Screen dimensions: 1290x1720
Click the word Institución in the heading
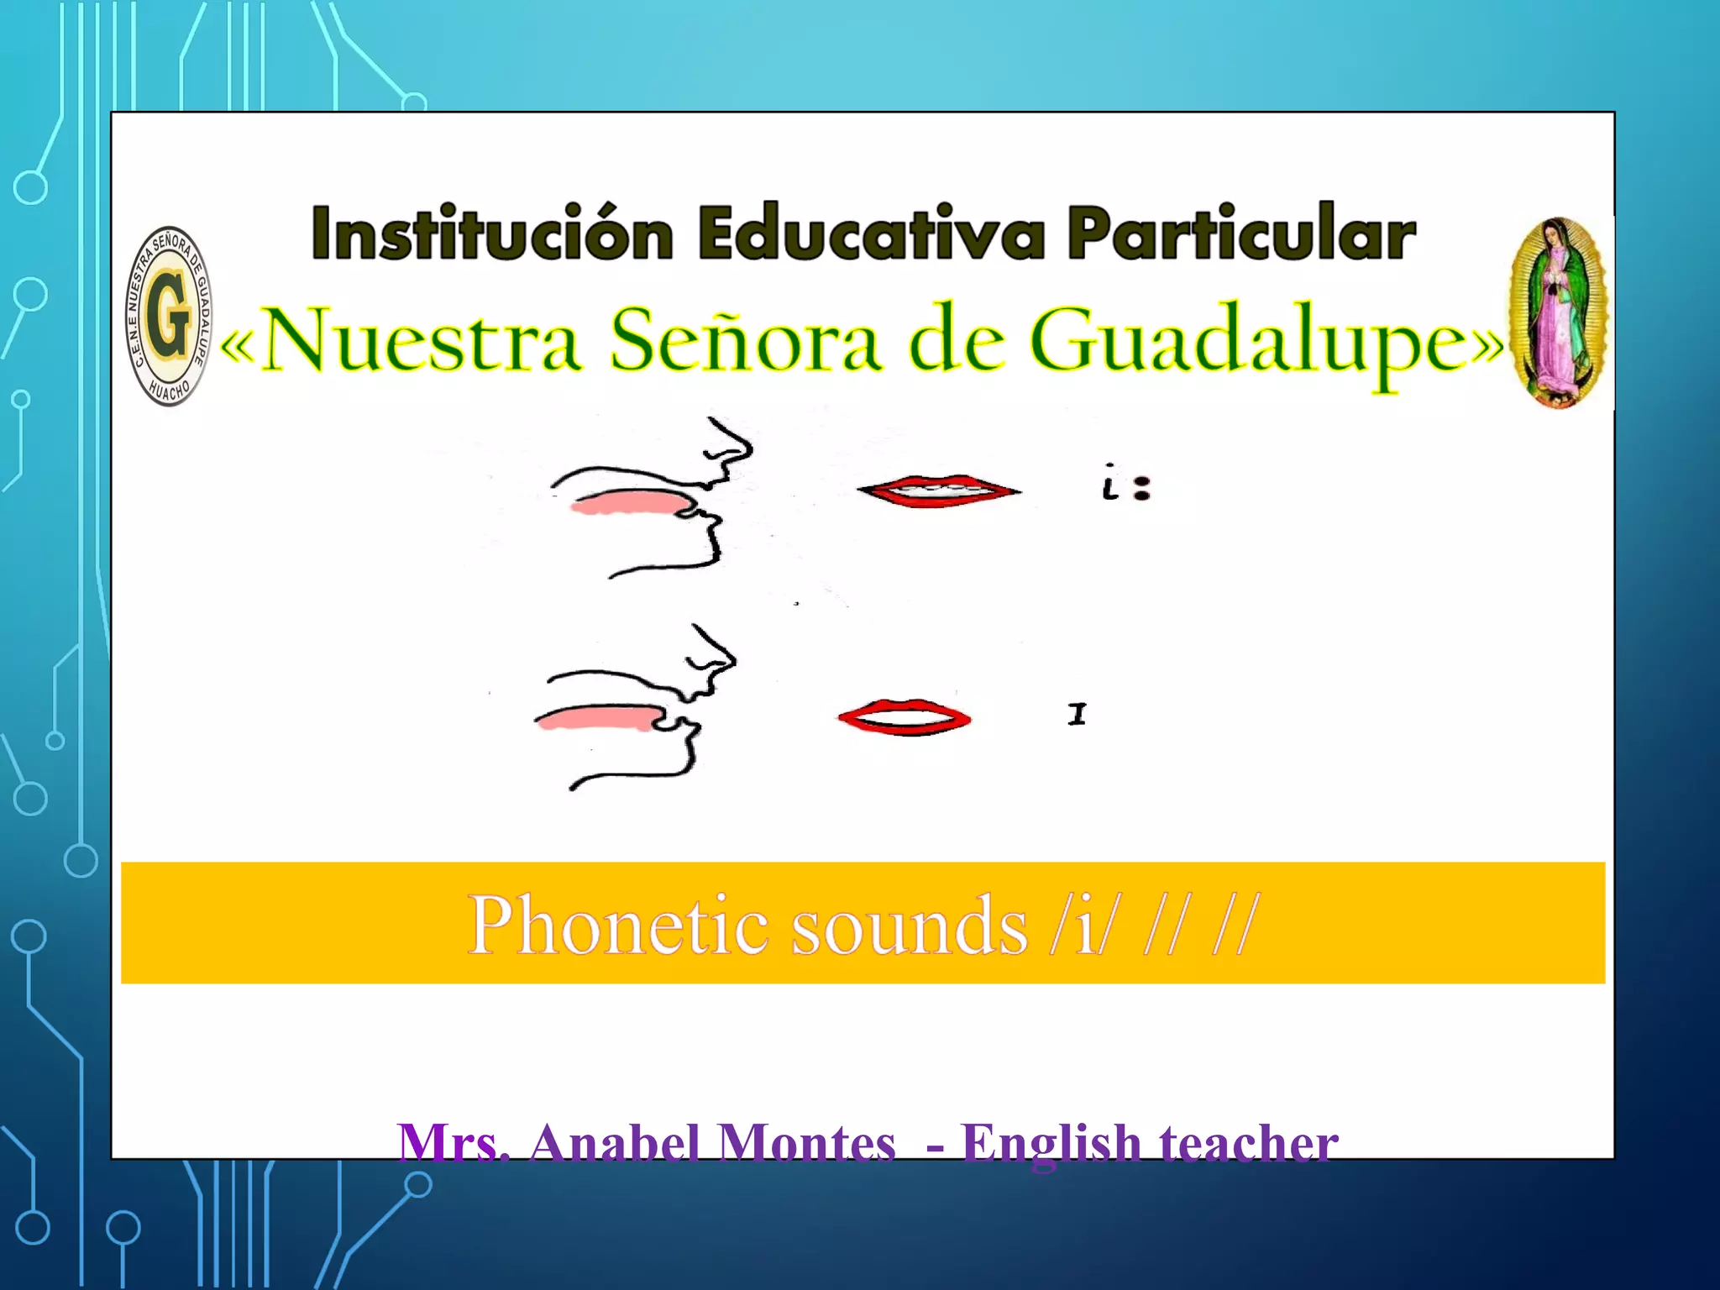pos(492,233)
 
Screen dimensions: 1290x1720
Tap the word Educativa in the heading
pos(871,233)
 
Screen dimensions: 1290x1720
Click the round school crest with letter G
pos(170,316)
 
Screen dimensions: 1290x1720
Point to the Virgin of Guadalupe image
pos(1558,312)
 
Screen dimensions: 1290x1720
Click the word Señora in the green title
pos(745,340)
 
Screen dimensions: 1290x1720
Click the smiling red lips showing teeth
pos(939,490)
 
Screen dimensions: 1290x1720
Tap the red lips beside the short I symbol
pos(905,718)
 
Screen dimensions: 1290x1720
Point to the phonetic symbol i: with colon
pos(1126,485)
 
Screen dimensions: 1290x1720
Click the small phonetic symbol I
pos(1077,715)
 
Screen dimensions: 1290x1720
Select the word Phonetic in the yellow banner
pos(618,926)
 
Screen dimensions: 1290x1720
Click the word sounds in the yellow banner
pos(910,926)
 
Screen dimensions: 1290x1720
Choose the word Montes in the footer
pos(807,1143)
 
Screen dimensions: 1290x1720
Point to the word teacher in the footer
pos(1248,1143)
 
